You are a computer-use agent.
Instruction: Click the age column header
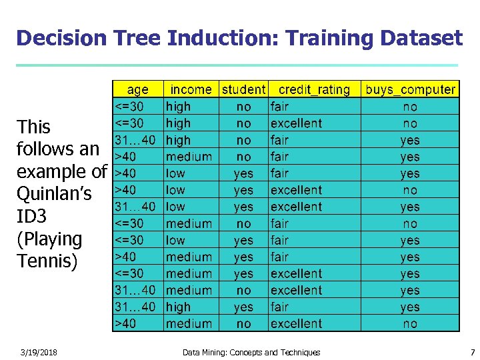[x=137, y=89]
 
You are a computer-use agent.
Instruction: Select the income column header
[x=191, y=89]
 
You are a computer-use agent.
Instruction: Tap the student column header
[x=243, y=89]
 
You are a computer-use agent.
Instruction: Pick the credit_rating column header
[x=314, y=89]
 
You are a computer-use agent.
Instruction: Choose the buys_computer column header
[x=410, y=89]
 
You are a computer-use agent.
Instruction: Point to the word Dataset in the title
[x=421, y=38]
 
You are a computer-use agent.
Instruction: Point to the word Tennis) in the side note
[x=47, y=261]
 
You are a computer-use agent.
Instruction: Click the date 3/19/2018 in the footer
[x=38, y=352]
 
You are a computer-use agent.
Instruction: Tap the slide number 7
[x=472, y=352]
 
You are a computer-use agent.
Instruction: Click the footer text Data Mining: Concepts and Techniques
[x=251, y=352]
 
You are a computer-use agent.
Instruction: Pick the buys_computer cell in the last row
[x=410, y=324]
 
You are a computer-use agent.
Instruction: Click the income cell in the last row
[x=189, y=324]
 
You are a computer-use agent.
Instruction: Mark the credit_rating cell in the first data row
[x=279, y=107]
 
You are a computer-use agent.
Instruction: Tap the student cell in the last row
[x=243, y=324]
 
